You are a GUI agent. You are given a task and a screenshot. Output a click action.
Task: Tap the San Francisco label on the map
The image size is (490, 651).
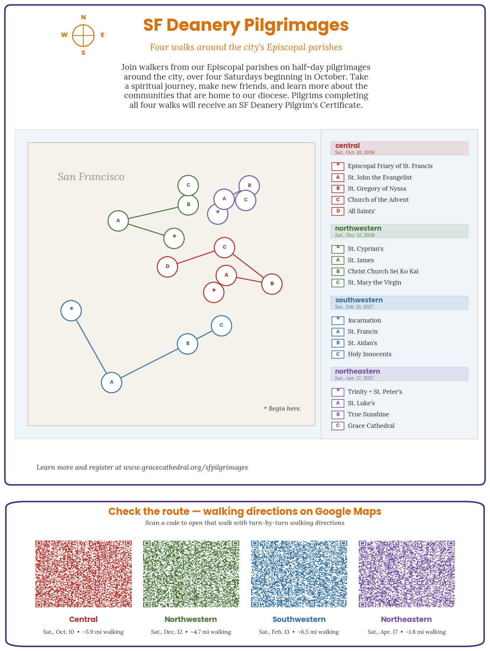pyautogui.click(x=91, y=177)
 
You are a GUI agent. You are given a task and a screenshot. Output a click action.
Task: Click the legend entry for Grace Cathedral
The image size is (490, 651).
pyautogui.click(x=371, y=426)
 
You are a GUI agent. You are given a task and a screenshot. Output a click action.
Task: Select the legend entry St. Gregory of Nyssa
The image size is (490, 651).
pyautogui.click(x=377, y=188)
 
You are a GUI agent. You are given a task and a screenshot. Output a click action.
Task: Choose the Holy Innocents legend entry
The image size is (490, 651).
pyautogui.click(x=369, y=354)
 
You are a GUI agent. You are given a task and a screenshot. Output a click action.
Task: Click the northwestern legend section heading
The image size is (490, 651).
pyautogui.click(x=358, y=228)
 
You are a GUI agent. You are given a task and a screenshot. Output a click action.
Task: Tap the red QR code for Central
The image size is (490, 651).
pyautogui.click(x=84, y=574)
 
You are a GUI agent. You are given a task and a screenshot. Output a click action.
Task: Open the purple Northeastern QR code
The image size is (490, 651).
pyautogui.click(x=407, y=574)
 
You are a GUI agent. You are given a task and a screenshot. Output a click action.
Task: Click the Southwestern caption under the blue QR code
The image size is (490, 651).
pyautogui.click(x=299, y=619)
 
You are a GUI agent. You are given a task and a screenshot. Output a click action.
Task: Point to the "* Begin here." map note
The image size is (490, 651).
pyautogui.click(x=282, y=408)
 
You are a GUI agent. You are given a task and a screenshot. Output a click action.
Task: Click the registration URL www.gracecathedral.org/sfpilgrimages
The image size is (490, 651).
pyautogui.click(x=185, y=467)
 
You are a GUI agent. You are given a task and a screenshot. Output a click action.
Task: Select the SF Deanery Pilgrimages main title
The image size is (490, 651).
pyautogui.click(x=246, y=25)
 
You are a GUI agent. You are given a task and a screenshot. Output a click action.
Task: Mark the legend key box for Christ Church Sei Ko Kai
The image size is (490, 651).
pyautogui.click(x=338, y=272)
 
